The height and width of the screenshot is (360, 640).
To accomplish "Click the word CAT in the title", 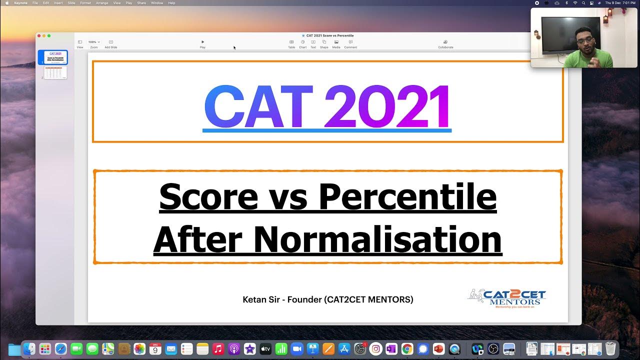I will pos(258,107).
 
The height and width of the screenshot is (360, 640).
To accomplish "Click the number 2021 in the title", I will pos(387,107).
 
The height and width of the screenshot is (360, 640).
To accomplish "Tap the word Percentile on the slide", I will pos(407,197).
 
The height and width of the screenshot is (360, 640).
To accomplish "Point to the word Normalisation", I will pos(377,239).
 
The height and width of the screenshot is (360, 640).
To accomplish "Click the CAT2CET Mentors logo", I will pos(506,299).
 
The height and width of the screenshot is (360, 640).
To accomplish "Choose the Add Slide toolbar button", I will pos(110,43).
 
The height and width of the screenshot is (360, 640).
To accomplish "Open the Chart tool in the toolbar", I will pos(302,43).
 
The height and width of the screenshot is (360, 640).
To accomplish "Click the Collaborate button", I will pos(445,43).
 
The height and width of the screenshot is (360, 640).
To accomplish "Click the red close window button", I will pos(39,36).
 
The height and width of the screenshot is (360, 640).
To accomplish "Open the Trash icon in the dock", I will pos(610,348).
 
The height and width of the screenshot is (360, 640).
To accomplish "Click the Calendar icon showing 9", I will pos(154,349).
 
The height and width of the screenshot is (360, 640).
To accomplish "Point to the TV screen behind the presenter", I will pos(570,34).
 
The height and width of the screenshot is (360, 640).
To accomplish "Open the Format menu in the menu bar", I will pos(85,3).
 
